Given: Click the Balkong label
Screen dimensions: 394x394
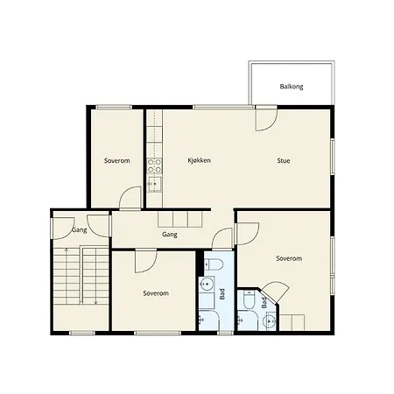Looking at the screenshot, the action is tap(292, 87).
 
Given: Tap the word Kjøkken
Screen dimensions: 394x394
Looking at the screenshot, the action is tap(199, 160).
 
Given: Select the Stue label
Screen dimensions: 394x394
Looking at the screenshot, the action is tap(284, 160).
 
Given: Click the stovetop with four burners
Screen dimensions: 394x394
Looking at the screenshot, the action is tap(154, 165).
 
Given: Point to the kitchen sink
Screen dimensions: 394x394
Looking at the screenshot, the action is tap(154, 184).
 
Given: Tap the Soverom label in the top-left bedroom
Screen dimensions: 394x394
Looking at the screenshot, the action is tap(117, 160).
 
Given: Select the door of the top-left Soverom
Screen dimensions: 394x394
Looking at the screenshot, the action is tap(130, 198).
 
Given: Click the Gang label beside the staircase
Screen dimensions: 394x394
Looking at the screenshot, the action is tap(80, 230).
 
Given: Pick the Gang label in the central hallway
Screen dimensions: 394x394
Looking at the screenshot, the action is tap(170, 235).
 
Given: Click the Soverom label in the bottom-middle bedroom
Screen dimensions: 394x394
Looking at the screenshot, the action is tap(156, 293).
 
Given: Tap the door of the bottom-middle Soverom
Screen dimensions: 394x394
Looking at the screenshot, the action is tap(146, 262).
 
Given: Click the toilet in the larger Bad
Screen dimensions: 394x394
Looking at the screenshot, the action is tap(214, 264).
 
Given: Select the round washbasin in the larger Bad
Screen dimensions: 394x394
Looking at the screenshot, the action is tap(207, 284).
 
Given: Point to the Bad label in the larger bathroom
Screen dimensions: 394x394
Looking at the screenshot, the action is tap(222, 294).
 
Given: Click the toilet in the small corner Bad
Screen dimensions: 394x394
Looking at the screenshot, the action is tap(249, 299).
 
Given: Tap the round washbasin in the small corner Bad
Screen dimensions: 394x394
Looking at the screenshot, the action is tap(270, 321).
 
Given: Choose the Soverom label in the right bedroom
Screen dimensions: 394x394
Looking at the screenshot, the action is tap(289, 258).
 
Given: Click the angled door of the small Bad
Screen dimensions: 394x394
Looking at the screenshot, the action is tap(274, 292).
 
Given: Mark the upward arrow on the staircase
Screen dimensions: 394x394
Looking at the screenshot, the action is tap(67, 276).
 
